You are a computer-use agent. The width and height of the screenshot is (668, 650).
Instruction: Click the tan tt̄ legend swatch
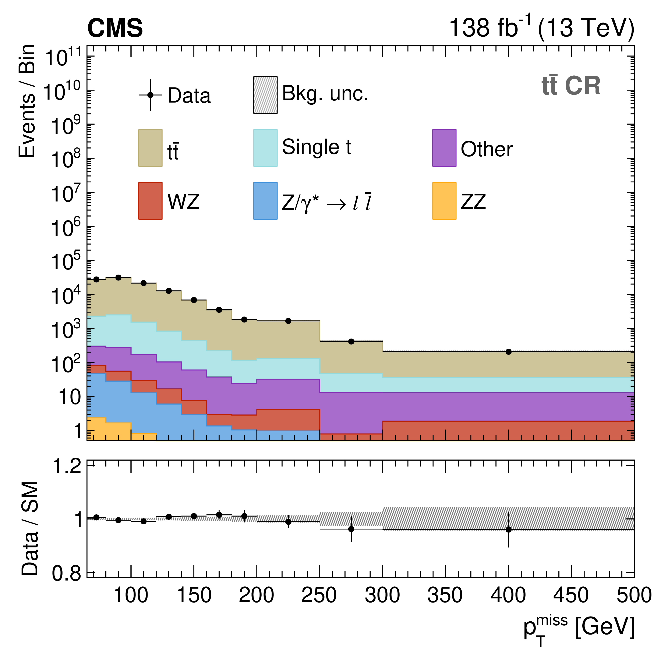click(x=150, y=148)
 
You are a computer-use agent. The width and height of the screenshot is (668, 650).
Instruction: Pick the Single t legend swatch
click(x=265, y=148)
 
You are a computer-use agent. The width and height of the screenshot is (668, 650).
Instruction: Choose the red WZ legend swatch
click(x=150, y=201)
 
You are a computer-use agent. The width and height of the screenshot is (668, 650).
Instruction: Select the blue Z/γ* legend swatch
click(x=265, y=201)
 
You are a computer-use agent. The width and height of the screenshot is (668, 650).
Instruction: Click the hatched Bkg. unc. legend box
click(x=265, y=95)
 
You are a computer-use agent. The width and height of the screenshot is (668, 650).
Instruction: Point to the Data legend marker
click(x=150, y=95)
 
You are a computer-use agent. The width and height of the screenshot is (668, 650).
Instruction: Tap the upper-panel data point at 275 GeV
click(x=351, y=341)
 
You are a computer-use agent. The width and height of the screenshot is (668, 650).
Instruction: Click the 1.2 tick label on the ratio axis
click(x=67, y=466)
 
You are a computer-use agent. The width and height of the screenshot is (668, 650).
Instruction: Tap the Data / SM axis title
click(x=30, y=528)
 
